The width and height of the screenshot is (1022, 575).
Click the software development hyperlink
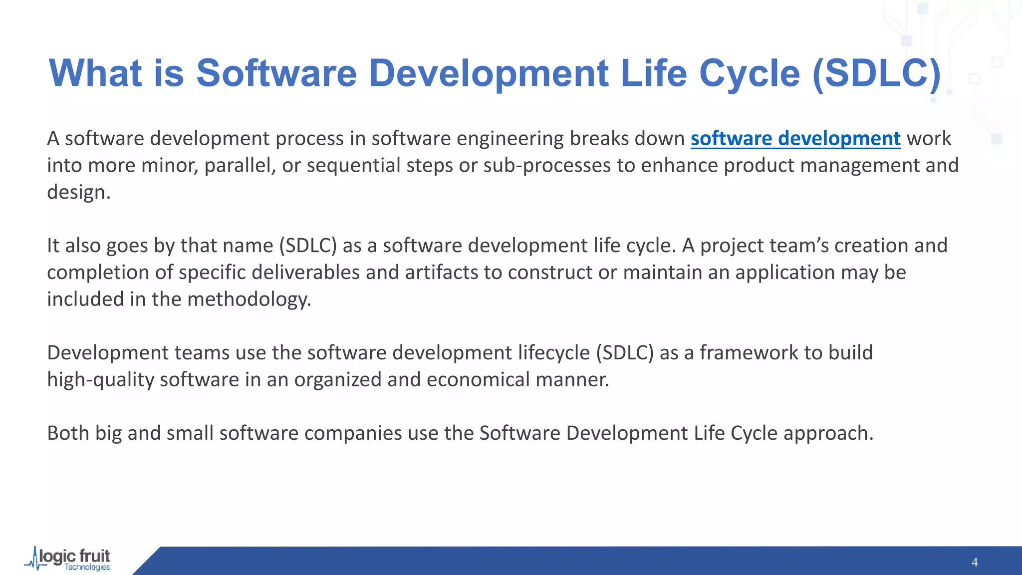pos(795,139)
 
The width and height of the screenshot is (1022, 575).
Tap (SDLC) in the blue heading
pos(877,73)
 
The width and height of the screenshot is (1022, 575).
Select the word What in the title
pos(95,73)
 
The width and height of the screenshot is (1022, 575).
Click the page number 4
pos(974,563)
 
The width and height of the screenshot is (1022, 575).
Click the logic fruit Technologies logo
pos(69,560)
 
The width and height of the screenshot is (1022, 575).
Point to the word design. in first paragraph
pos(78,193)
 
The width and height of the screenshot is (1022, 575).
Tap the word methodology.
pos(249,299)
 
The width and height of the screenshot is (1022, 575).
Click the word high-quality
pos(101,380)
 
